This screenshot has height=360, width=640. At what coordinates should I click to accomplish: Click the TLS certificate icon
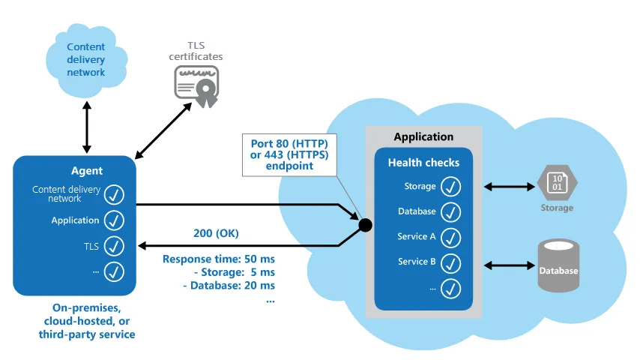[196, 82]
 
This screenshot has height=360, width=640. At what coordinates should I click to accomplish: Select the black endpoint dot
[366, 224]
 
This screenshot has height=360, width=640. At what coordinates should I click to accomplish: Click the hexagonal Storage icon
[557, 182]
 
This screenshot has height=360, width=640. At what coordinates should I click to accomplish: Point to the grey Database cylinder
[558, 265]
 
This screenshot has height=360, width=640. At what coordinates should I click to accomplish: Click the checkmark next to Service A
[450, 237]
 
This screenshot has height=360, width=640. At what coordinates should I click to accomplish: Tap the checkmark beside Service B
[450, 262]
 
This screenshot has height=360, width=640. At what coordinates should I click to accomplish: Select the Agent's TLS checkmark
[114, 245]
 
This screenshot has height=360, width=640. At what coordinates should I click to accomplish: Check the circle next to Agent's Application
[114, 220]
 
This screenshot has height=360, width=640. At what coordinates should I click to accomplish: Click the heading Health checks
[423, 163]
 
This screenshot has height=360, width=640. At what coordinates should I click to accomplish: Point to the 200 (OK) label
[216, 234]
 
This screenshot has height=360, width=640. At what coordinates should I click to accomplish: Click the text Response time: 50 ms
[219, 259]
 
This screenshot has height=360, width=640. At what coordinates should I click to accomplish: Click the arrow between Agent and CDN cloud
[88, 126]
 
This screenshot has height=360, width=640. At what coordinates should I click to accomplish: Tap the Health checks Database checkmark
[450, 211]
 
